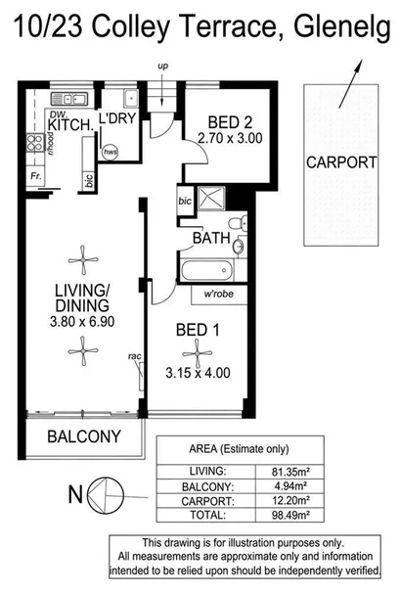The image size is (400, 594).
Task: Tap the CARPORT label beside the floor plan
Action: click(x=339, y=162)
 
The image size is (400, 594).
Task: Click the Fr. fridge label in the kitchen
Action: click(x=36, y=178)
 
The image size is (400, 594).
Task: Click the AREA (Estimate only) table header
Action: click(x=238, y=450)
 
